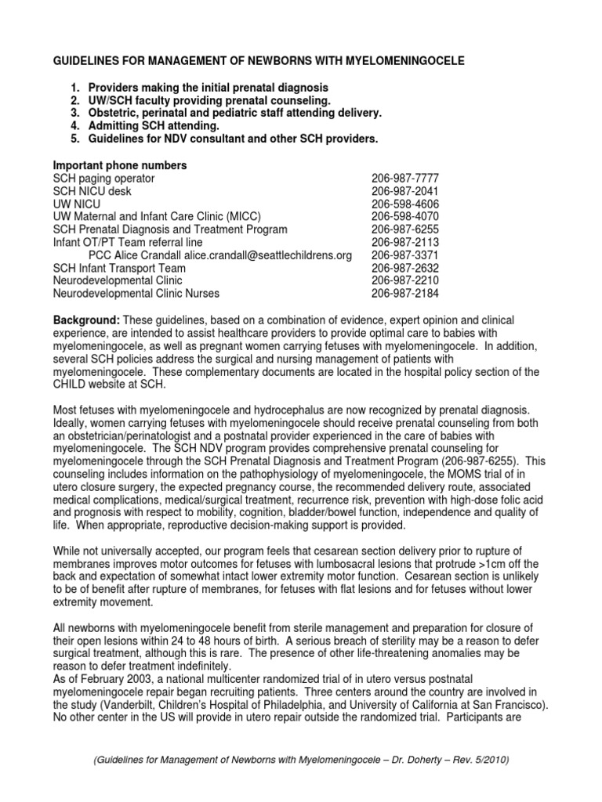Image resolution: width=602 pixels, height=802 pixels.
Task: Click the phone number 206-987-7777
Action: pos(404,179)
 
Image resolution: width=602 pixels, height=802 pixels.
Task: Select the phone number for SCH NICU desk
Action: pos(404,190)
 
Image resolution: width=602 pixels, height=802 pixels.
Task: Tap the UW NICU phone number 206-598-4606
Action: pos(404,203)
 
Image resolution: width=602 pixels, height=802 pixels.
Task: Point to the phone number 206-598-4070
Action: pos(404,216)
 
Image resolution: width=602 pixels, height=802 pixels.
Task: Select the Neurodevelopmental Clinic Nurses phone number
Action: pos(404,294)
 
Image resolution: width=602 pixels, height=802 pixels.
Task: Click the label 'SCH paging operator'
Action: pos(103,179)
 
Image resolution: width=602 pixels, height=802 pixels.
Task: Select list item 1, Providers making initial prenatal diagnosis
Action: pos(209,87)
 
